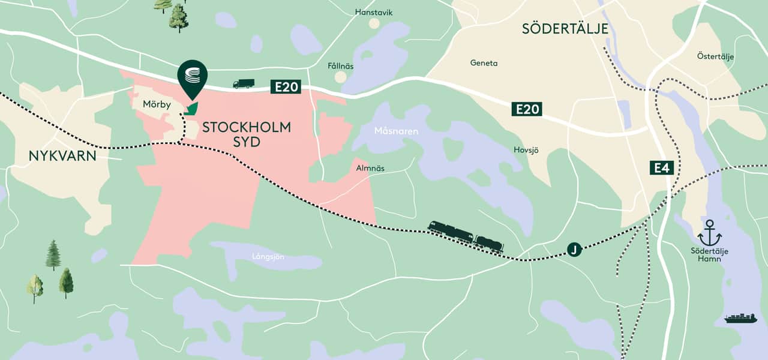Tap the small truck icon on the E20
[244, 84]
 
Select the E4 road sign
[661, 167]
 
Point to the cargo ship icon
[740, 318]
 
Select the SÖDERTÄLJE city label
[565, 29]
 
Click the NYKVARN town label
[62, 156]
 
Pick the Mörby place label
[157, 104]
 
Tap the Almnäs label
[370, 169]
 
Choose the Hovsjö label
[526, 150]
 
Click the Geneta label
[484, 63]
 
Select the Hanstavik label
[374, 12]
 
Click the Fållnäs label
[341, 65]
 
